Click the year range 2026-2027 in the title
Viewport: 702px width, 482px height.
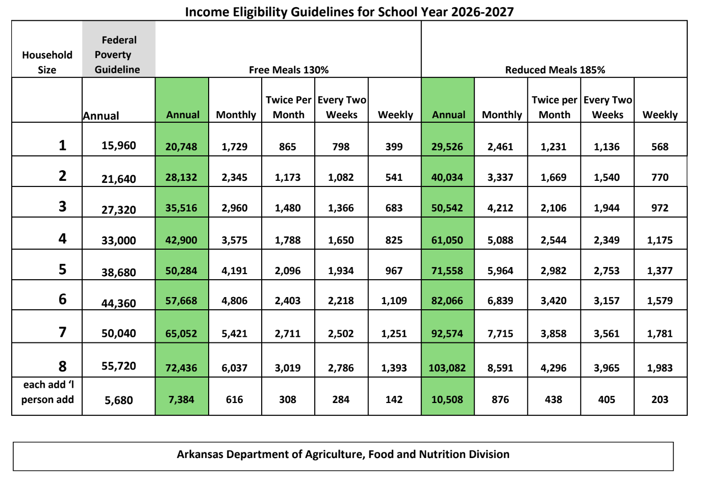[482, 12]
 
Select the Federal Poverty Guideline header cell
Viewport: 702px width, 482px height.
[119, 49]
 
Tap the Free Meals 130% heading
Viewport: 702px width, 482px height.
[289, 70]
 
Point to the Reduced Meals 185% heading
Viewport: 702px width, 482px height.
[555, 70]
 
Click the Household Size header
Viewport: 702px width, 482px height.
[47, 62]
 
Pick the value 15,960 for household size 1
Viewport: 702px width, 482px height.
[119, 146]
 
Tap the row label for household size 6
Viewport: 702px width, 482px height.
[63, 299]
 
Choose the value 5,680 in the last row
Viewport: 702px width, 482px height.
[119, 400]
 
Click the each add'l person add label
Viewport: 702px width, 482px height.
[47, 392]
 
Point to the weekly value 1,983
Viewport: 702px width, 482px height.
[660, 368]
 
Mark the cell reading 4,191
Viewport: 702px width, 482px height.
[235, 271]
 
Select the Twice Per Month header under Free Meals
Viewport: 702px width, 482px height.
[289, 108]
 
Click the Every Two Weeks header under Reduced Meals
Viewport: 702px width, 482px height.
[608, 108]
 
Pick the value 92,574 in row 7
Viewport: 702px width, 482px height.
[447, 334]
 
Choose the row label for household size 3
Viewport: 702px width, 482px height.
[63, 206]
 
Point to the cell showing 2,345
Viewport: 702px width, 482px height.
[235, 177]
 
